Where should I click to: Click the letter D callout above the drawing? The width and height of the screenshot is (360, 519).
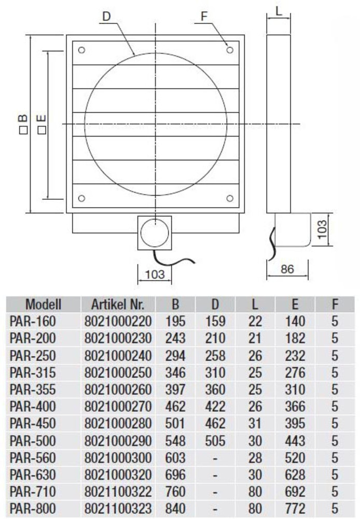point(106,16)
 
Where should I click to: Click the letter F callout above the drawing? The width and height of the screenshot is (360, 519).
point(204,16)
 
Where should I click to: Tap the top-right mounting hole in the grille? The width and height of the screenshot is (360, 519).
point(230,50)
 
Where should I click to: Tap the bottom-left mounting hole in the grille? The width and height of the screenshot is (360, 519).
point(81,198)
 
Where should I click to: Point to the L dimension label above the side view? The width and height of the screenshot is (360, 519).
point(279,11)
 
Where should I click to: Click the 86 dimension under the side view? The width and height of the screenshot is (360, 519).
point(287,269)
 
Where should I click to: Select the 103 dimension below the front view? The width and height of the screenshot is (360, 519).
point(155,274)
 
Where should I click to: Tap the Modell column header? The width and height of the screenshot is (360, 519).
point(44,304)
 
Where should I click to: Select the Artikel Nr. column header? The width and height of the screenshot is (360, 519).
point(118,304)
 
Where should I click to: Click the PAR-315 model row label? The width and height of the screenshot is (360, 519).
point(33,373)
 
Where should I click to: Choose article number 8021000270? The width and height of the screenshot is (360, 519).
point(118,407)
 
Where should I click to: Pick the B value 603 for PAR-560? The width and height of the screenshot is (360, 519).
point(175,458)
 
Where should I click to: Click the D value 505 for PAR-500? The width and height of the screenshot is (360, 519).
point(215,441)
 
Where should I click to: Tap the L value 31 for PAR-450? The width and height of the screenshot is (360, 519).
point(255,424)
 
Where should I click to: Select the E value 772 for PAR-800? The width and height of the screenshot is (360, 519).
point(295,509)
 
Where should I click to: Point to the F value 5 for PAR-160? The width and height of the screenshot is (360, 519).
point(335,321)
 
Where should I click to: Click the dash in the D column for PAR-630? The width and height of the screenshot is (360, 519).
point(215,475)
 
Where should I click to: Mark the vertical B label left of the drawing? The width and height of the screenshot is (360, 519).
point(23,124)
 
